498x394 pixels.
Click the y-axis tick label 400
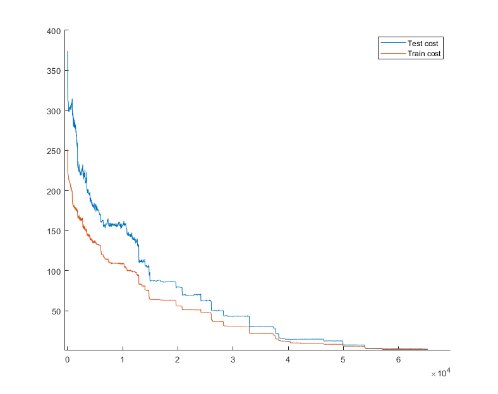tap(54, 31)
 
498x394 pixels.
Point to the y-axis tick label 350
tap(54, 71)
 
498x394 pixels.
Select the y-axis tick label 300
tap(54, 111)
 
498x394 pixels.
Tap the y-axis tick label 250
tap(54, 152)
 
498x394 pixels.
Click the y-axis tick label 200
tap(54, 191)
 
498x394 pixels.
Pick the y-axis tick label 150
tap(54, 232)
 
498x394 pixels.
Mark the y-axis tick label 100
tap(54, 272)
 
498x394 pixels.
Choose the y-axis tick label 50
tap(56, 312)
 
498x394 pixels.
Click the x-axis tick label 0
tap(68, 360)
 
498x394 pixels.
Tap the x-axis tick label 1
tap(122, 360)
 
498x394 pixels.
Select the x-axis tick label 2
tap(177, 360)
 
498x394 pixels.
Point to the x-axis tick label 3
tap(233, 360)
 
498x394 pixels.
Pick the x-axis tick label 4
tap(288, 360)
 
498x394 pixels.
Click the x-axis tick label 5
tap(343, 360)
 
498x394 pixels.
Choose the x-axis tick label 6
tap(398, 360)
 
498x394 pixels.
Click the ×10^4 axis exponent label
tap(441, 373)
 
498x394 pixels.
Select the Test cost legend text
tap(423, 44)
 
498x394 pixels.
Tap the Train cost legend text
tap(424, 54)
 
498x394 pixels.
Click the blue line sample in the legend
tap(393, 43)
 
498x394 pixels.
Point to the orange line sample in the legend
tap(393, 53)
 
